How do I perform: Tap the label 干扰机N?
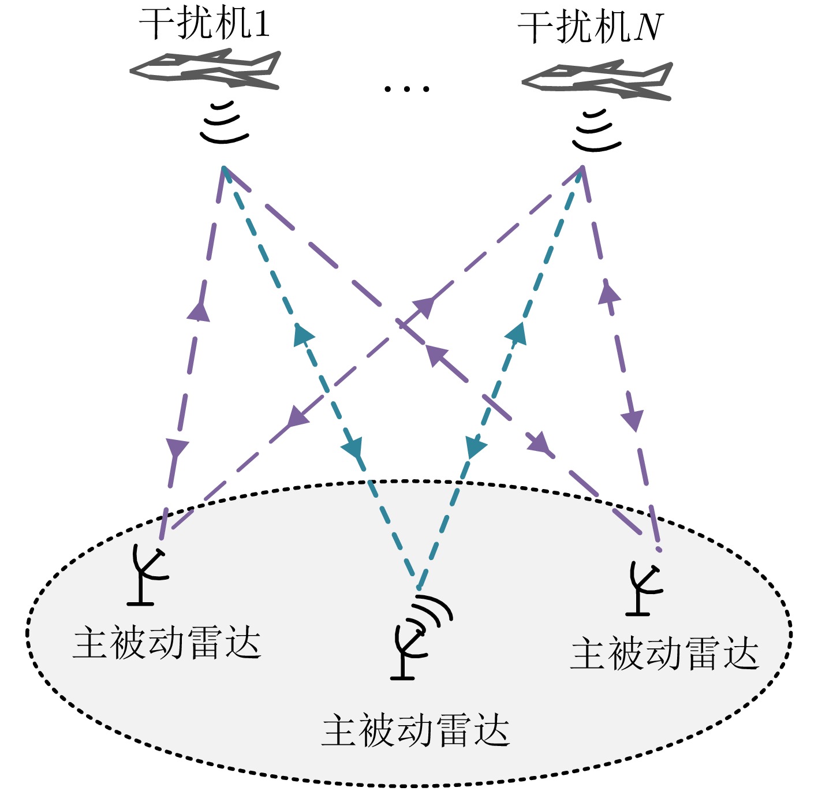(590, 27)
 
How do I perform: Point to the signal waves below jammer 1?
(224, 123)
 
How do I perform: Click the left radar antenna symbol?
(147, 574)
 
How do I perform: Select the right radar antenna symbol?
(644, 589)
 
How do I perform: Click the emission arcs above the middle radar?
(434, 610)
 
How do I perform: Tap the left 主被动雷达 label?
(167, 643)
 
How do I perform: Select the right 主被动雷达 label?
(664, 654)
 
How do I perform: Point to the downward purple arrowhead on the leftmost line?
(177, 448)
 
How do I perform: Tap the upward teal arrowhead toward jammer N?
(517, 333)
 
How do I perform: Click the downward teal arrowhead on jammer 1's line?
(353, 447)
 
